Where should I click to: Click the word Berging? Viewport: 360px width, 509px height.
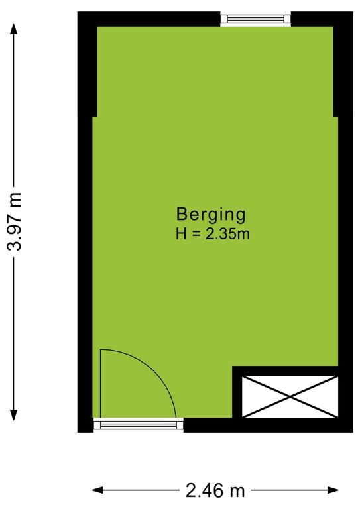point(211,215)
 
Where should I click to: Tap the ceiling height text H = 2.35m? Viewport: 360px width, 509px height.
point(213,234)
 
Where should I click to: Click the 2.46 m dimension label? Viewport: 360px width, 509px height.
point(215,490)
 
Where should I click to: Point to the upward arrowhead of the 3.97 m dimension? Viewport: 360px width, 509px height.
point(14,28)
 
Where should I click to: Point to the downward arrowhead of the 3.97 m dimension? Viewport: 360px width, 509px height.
point(14,415)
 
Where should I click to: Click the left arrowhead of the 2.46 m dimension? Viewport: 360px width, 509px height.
point(97,490)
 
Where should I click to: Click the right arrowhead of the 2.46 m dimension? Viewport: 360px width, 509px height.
point(333,490)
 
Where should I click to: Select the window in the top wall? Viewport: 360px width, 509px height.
point(256,19)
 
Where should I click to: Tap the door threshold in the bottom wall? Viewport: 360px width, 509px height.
point(139,425)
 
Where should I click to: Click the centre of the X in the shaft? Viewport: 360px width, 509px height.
point(290,397)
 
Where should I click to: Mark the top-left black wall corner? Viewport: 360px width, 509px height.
point(78,12)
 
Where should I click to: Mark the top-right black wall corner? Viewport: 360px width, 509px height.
point(353,12)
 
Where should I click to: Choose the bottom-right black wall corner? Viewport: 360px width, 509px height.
point(353,432)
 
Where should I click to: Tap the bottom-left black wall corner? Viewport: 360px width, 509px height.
point(78,432)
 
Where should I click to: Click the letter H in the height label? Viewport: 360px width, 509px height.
point(181,234)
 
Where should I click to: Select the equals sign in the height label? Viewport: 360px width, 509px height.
point(196,234)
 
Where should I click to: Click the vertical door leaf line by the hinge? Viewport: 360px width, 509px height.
point(101,383)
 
